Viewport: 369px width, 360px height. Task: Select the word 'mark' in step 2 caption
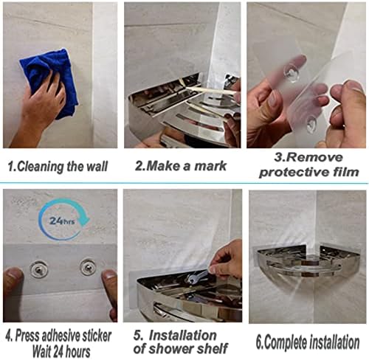click(210, 166)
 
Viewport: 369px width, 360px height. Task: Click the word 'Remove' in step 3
click(308, 157)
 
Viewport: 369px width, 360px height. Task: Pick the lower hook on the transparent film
click(311, 123)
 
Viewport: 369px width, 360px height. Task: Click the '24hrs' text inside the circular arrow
click(62, 221)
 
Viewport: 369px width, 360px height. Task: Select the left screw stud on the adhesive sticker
click(38, 269)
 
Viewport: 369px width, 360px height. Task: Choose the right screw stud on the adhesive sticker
click(88, 267)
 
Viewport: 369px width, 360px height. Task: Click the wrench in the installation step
click(197, 277)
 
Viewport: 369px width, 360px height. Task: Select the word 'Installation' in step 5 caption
click(183, 335)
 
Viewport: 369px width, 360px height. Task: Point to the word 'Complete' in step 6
click(286, 342)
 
